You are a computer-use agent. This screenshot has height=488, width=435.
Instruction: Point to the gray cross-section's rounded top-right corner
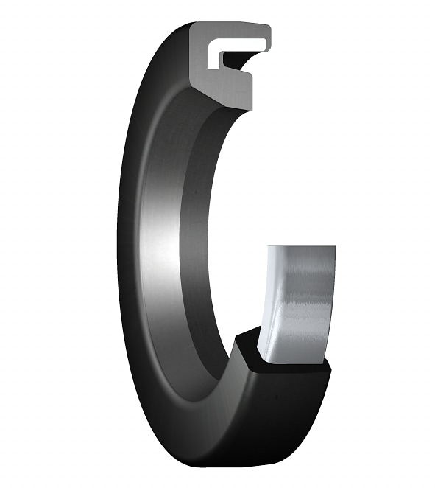[x=266, y=29]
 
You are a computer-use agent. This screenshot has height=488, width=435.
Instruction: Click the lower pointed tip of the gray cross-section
[x=246, y=107]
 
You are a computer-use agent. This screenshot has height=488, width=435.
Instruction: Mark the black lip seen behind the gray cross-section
[x=243, y=58]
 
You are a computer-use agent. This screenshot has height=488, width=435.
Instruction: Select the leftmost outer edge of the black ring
[x=119, y=243]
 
